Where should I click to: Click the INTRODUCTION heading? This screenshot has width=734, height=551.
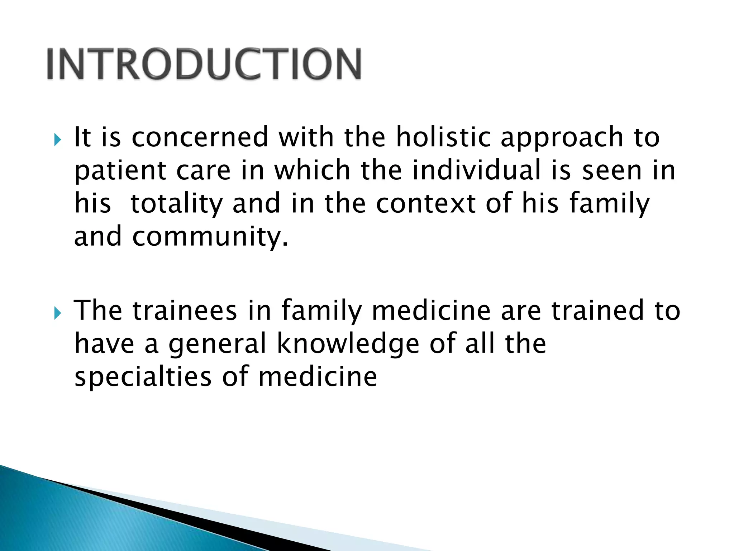tap(204, 64)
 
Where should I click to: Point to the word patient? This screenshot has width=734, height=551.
tap(120, 171)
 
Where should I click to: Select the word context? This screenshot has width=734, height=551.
tap(426, 204)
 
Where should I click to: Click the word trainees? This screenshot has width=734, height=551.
tap(185, 311)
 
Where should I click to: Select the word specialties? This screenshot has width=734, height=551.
tap(143, 378)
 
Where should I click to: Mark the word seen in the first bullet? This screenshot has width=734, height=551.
tap(611, 171)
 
